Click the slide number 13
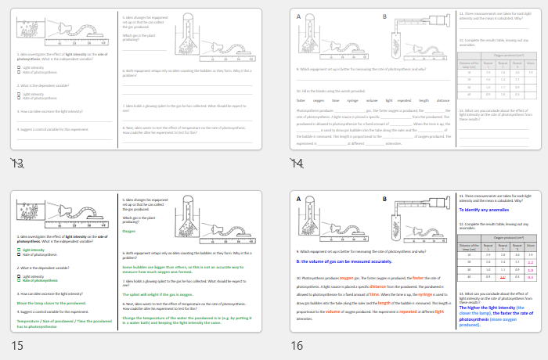[16, 163]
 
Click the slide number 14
[297, 163]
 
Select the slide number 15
[16, 345]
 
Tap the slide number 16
[297, 345]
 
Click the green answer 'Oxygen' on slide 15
[130, 231]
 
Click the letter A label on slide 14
[297, 16]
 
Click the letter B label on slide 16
[384, 199]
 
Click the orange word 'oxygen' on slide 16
[347, 277]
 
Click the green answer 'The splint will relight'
[153, 293]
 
